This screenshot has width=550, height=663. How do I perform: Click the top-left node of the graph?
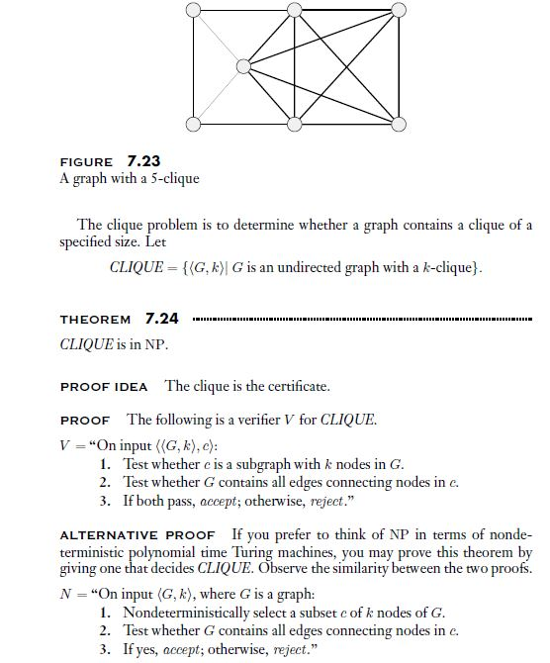tap(192, 12)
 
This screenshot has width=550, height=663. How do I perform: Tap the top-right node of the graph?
tap(399, 12)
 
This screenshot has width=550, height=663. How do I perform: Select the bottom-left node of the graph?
tap(192, 125)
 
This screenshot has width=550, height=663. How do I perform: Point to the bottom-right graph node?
tap(399, 125)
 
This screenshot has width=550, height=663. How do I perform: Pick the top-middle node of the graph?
tap(295, 12)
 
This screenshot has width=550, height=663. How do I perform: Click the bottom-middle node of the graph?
tap(295, 125)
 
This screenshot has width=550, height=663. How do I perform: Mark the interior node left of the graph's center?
tap(243, 67)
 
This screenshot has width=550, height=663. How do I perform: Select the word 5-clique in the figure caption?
tap(174, 179)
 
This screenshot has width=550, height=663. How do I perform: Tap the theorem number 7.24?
tap(161, 318)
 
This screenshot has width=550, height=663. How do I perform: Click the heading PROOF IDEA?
tap(104, 386)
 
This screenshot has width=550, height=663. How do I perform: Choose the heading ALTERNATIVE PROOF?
tap(137, 535)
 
